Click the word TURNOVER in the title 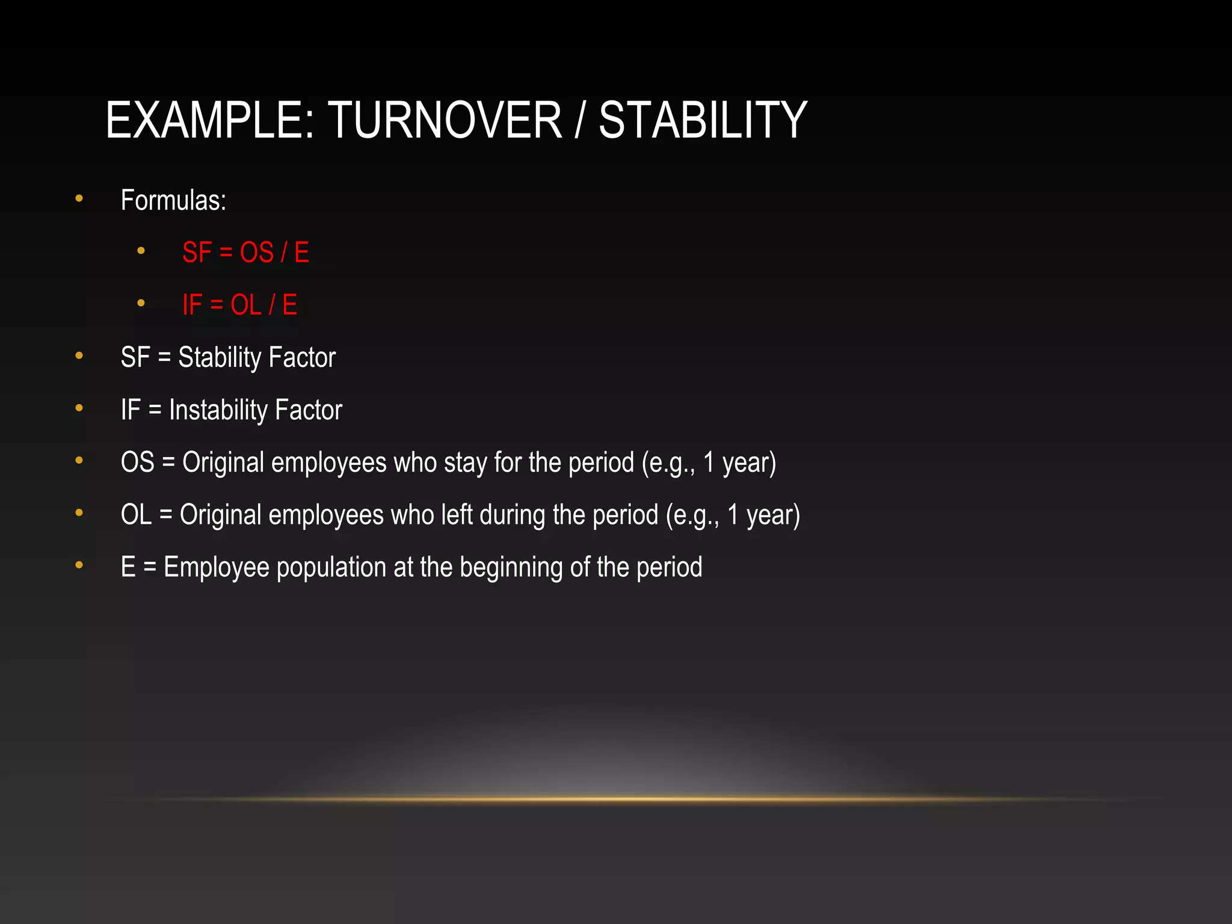445,120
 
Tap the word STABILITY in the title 703,120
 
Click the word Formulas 173,200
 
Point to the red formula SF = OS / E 245,253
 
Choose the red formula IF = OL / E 239,305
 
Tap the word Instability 218,410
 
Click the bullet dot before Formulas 79,198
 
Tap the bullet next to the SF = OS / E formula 141,250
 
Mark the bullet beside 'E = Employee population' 79,565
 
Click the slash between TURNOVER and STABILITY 579,120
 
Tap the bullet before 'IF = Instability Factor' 79,408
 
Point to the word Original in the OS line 223,463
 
